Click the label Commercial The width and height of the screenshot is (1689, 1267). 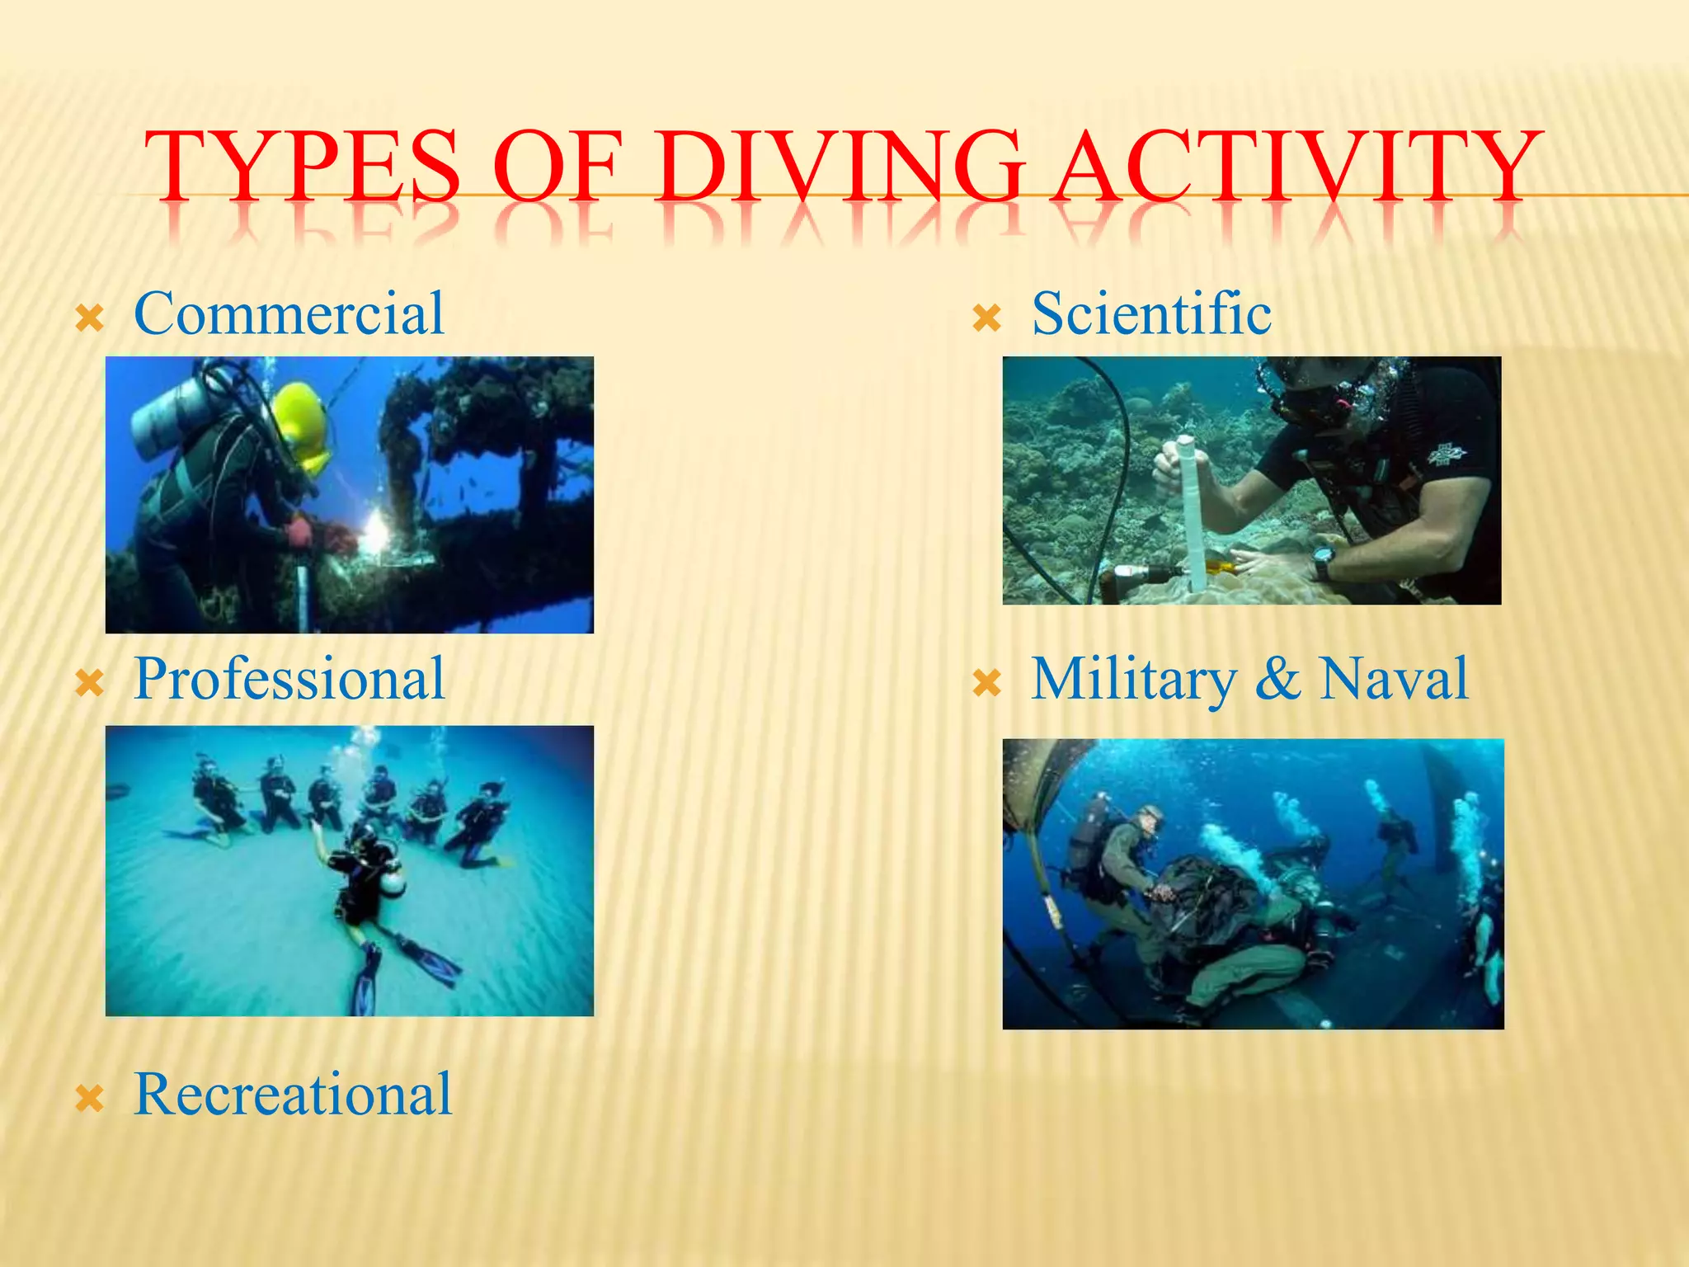(289, 314)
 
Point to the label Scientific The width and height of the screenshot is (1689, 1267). (1151, 314)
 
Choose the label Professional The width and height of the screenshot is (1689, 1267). (289, 680)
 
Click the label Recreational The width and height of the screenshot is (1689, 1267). (293, 1095)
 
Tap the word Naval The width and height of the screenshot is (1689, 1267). (1393, 680)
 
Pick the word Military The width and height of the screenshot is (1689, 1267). (1134, 681)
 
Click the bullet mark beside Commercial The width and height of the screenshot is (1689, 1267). (89, 318)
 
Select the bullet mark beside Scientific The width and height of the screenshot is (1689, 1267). (986, 318)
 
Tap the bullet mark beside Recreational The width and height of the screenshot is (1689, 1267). (89, 1099)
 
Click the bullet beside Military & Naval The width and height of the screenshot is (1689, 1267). (986, 683)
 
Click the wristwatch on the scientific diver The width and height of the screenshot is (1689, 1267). (1322, 563)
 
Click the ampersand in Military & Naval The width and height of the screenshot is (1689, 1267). (1277, 680)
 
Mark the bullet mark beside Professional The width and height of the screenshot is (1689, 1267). (89, 683)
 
